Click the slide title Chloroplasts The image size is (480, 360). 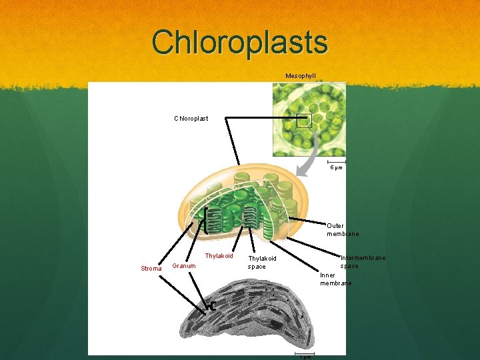[240, 41]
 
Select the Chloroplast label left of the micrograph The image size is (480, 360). [191, 119]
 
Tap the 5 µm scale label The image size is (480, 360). [336, 167]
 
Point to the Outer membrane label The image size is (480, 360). [343, 230]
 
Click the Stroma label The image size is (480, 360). [151, 269]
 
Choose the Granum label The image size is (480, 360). [184, 266]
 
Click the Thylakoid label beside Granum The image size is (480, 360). [219, 256]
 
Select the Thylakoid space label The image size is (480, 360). [262, 263]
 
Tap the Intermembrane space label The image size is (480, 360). [363, 262]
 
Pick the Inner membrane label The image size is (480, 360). [335, 279]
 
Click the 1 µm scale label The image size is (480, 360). [305, 357]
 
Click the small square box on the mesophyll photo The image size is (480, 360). [304, 120]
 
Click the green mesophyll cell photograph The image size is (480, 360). [309, 119]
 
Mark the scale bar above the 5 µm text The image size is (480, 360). [337, 161]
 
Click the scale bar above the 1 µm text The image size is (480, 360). [305, 352]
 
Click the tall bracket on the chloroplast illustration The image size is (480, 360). [207, 221]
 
